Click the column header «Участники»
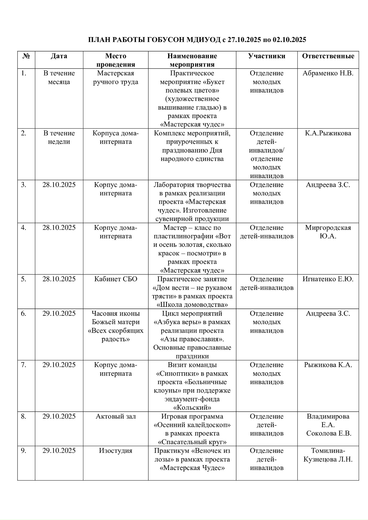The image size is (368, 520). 267,56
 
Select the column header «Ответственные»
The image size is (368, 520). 328,56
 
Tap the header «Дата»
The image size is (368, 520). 59,56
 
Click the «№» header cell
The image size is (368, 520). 26,56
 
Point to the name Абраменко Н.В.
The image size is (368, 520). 328,73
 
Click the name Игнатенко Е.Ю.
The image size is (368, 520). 328,279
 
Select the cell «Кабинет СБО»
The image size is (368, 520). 116,279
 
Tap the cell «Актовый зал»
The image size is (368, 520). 116,416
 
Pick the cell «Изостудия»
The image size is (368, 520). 116,450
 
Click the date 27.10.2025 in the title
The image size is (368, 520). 244,40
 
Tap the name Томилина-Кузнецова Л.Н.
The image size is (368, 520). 328,455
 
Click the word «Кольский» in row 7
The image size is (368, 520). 192,408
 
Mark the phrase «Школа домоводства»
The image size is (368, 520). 192,305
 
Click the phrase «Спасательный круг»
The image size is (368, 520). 192,442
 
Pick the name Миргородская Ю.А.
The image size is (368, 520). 328,232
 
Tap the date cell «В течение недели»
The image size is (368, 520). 59,137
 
